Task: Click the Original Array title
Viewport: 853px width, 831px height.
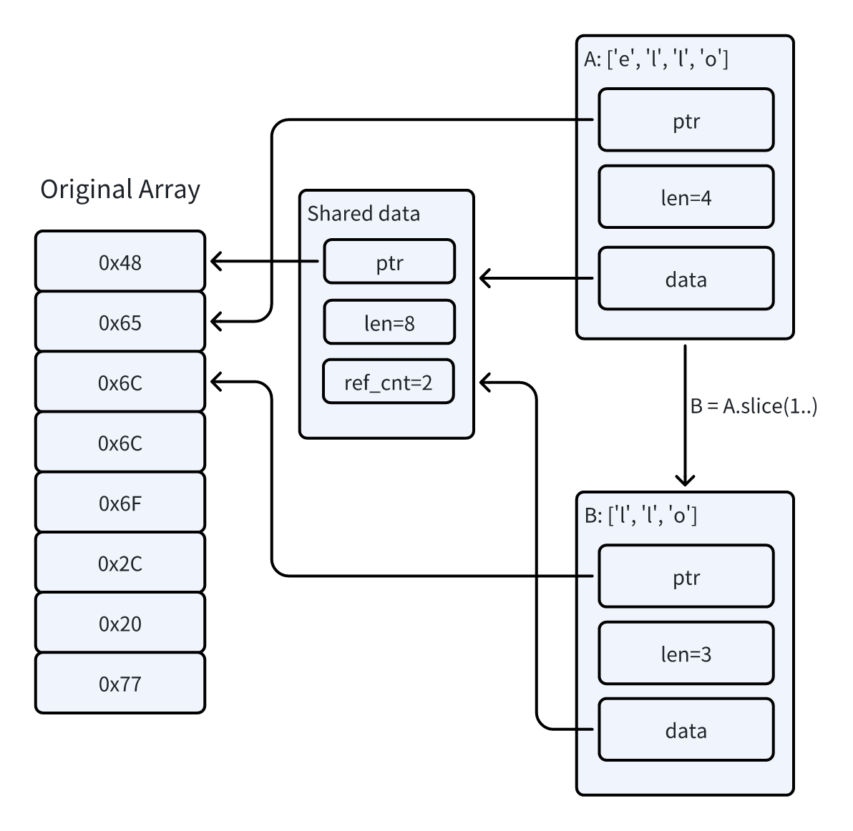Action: (x=120, y=190)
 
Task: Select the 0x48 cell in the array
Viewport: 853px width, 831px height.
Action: (x=120, y=262)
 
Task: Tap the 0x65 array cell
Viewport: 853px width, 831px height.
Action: (x=120, y=322)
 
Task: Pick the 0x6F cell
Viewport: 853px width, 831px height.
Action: (x=120, y=503)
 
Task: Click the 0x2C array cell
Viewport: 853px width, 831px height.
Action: (x=120, y=563)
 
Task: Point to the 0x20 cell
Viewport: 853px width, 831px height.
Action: (x=120, y=623)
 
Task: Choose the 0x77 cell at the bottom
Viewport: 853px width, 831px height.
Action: (x=120, y=683)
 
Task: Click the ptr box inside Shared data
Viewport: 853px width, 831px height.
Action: (x=389, y=262)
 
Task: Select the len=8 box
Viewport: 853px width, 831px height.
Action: (x=389, y=323)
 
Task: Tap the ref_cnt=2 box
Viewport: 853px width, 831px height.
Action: (x=389, y=382)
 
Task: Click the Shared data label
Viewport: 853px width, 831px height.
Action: (x=364, y=214)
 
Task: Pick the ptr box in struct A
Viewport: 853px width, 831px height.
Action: (x=686, y=120)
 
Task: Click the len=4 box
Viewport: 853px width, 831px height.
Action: (x=686, y=197)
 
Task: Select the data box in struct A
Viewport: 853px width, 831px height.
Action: (x=686, y=279)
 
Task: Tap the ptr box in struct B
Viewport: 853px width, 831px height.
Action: (x=686, y=576)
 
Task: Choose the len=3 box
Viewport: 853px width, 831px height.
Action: (x=686, y=653)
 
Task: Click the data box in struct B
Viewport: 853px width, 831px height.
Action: (x=686, y=729)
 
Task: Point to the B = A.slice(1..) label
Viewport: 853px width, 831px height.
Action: (x=754, y=406)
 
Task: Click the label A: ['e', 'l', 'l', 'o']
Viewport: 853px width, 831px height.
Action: (x=656, y=59)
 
